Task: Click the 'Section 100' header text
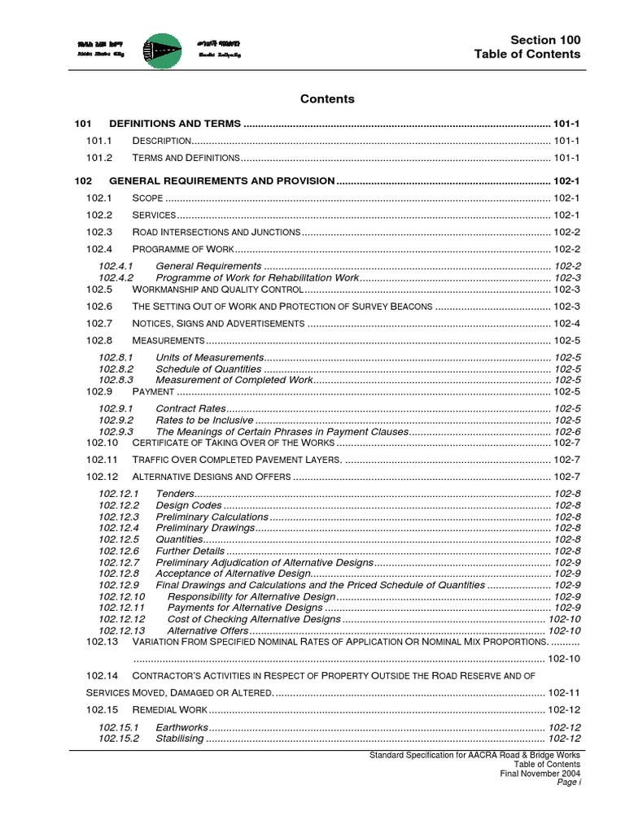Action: pyautogui.click(x=545, y=40)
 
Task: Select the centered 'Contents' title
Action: pyautogui.click(x=327, y=99)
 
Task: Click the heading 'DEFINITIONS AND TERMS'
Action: pyautogui.click(x=175, y=124)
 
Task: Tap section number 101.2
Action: pyautogui.click(x=99, y=157)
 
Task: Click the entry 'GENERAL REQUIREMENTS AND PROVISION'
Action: pyautogui.click(x=221, y=181)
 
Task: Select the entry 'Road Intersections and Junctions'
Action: pyautogui.click(x=216, y=232)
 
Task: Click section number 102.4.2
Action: pyautogui.click(x=116, y=277)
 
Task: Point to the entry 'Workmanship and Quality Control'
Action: pyautogui.click(x=217, y=289)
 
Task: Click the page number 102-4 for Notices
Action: pyautogui.click(x=566, y=323)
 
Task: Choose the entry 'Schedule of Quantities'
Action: pyautogui.click(x=208, y=369)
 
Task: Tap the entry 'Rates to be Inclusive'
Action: pyautogui.click(x=204, y=420)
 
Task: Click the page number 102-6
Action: pyautogui.click(x=567, y=431)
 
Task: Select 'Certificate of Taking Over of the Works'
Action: pyautogui.click(x=233, y=443)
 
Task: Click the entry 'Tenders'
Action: pyautogui.click(x=174, y=494)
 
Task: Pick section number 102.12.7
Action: pyautogui.click(x=119, y=562)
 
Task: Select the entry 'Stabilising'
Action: pyautogui.click(x=180, y=739)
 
